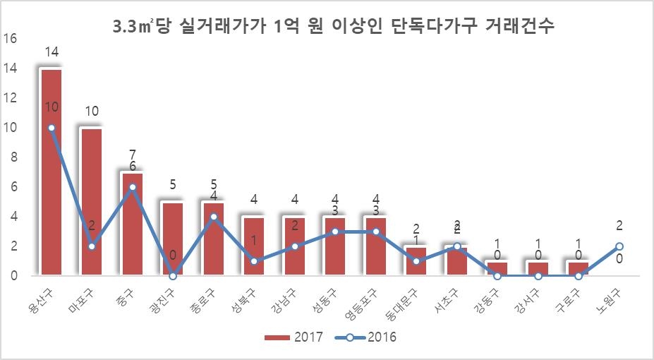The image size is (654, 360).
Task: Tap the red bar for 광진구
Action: coord(173,240)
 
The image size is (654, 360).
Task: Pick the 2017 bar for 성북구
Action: coord(254,247)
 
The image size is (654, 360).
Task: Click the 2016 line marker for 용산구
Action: coord(52,128)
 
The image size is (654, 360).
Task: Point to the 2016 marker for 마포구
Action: coord(92,246)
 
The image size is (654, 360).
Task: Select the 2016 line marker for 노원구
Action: coord(619,246)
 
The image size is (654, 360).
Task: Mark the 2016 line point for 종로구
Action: coord(214,217)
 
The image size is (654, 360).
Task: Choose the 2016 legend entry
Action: coord(367,337)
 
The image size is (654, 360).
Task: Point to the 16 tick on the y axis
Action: coord(10,39)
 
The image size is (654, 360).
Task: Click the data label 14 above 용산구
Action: coord(51,52)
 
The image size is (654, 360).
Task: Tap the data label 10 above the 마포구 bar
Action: coord(92,112)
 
